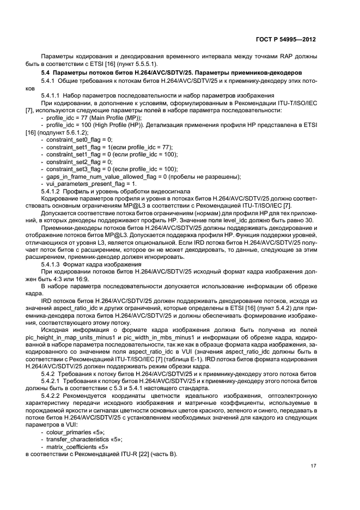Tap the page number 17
coord(313,466)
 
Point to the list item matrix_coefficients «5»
coord(79,446)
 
